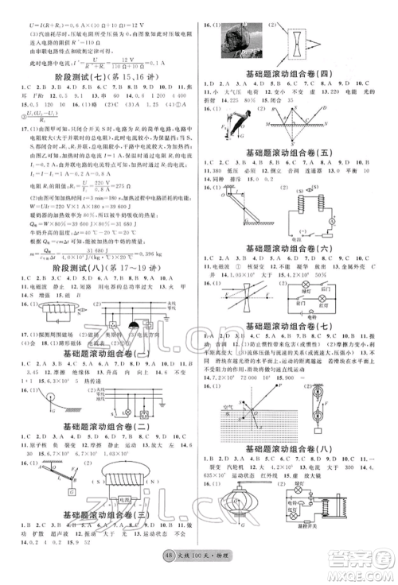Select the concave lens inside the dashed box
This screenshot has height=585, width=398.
point(295,38)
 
